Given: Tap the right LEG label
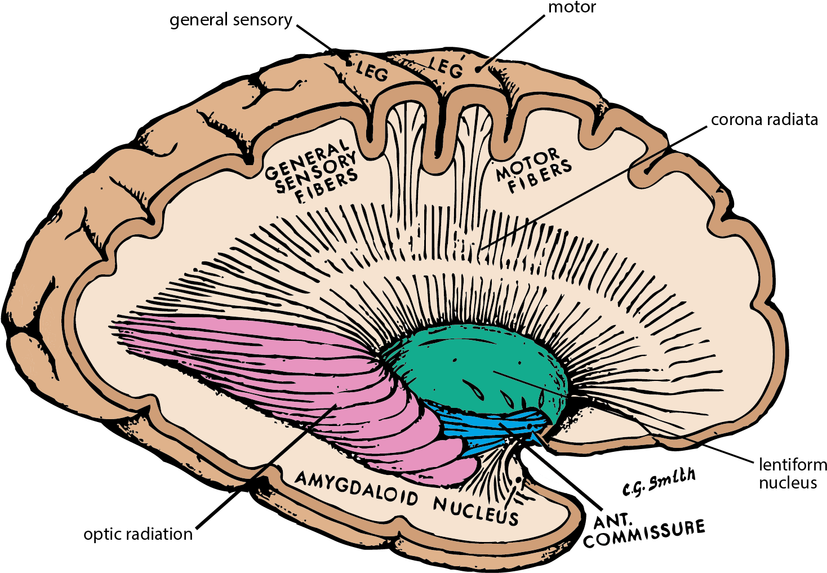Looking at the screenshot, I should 446,68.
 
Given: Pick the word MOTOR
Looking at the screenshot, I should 528,164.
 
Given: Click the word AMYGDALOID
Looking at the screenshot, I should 357,488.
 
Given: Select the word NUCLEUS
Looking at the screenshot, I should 475,509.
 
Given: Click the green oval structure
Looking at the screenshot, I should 473,366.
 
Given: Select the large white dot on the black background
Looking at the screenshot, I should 603,539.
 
